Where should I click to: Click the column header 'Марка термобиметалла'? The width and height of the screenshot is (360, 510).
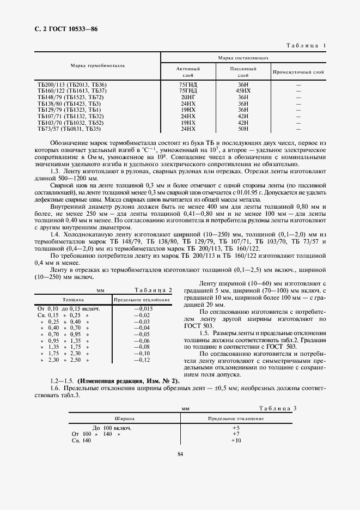[97, 65]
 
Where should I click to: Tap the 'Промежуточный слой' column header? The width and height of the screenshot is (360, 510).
[298, 71]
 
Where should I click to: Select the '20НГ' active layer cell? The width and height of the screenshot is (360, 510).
[188, 96]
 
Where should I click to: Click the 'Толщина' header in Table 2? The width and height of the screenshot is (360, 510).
[72, 300]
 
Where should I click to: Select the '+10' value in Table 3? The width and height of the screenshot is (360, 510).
[235, 440]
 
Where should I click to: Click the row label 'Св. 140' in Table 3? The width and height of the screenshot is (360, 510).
[83, 440]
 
